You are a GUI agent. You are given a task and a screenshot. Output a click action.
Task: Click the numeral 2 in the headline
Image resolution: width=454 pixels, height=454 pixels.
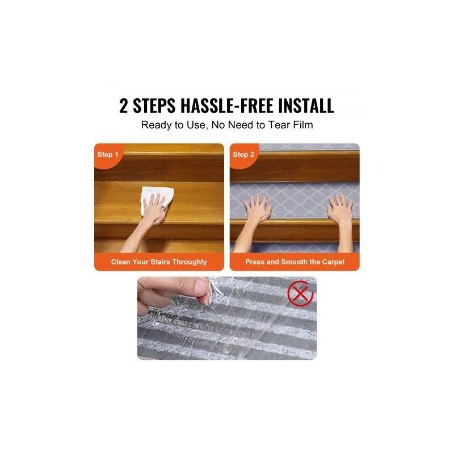point(123,106)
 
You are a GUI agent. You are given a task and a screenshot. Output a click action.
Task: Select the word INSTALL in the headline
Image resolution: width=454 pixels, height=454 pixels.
point(306,106)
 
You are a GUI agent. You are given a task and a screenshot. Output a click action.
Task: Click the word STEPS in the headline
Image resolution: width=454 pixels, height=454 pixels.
point(154,106)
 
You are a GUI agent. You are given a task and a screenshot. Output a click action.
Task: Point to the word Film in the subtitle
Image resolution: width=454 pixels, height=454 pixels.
point(303,125)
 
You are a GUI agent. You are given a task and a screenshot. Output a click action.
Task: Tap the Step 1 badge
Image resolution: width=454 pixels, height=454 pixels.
point(108,154)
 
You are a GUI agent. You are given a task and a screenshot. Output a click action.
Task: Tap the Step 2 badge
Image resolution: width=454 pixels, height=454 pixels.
point(243,154)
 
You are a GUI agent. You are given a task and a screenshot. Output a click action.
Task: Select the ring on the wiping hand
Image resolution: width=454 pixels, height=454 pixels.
point(164,207)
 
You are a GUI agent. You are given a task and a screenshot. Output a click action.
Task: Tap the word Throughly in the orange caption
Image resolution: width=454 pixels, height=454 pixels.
point(190,262)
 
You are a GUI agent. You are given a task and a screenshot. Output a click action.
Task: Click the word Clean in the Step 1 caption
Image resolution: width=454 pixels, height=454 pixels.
point(121,262)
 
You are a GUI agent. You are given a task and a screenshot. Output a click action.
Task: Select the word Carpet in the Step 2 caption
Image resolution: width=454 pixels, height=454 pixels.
point(333,262)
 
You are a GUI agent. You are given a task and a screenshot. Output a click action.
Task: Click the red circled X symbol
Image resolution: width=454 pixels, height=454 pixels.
point(300,293)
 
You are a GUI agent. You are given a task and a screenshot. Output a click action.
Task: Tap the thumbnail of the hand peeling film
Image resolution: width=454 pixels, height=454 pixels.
point(227,318)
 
